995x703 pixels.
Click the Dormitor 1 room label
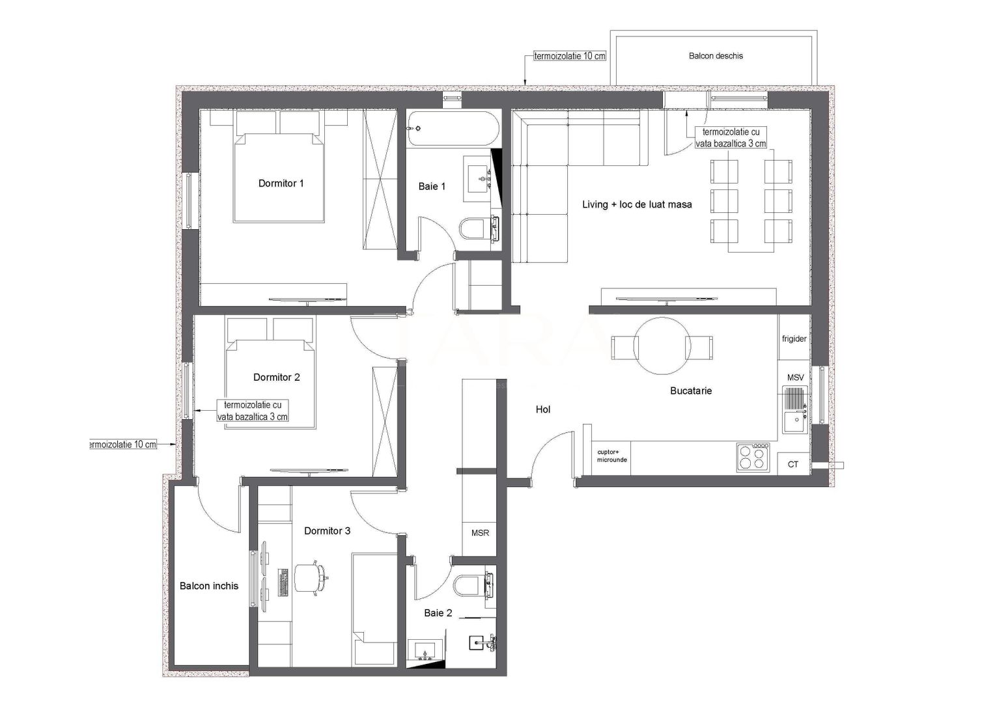click(281, 184)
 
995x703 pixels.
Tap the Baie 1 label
click(432, 187)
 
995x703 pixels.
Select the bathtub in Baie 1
click(453, 128)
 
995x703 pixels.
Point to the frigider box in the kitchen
click(794, 339)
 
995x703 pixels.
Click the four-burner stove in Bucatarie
click(753, 456)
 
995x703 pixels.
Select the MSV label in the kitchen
click(795, 378)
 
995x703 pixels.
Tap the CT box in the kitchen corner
click(793, 464)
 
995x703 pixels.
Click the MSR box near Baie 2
click(480, 533)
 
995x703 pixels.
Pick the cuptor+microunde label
click(612, 456)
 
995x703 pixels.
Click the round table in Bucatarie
click(661, 346)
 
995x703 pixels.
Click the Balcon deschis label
click(716, 56)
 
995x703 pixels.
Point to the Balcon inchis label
click(209, 586)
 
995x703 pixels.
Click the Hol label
click(543, 409)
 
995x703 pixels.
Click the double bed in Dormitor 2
click(271, 384)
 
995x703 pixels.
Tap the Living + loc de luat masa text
click(636, 204)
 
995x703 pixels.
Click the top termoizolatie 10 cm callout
click(569, 57)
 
